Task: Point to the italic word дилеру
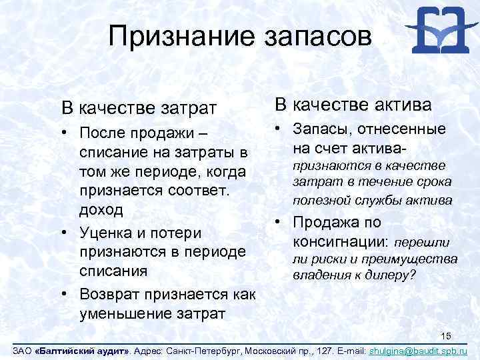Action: pos(387,273)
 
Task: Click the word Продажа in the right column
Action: pos(323,223)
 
